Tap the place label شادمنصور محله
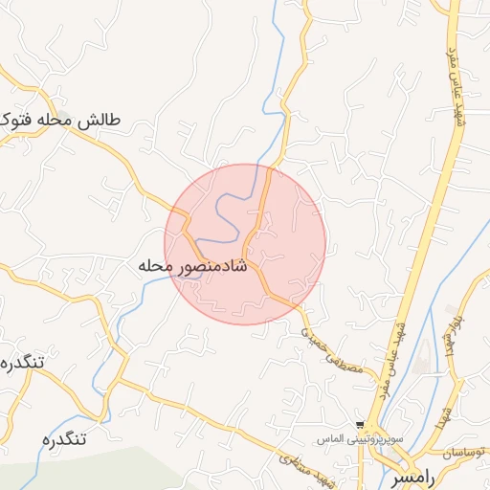click(193, 265)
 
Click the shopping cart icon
click(360, 424)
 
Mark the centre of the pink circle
click(245, 244)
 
